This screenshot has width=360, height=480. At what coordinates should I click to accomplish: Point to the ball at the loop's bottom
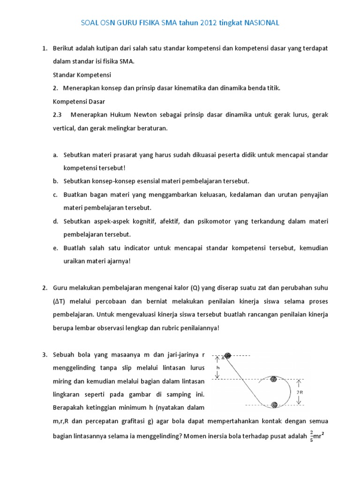[x=275, y=405]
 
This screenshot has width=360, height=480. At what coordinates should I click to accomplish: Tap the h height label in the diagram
[x=218, y=368]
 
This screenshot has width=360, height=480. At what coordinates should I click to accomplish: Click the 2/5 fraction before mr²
[x=312, y=436]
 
